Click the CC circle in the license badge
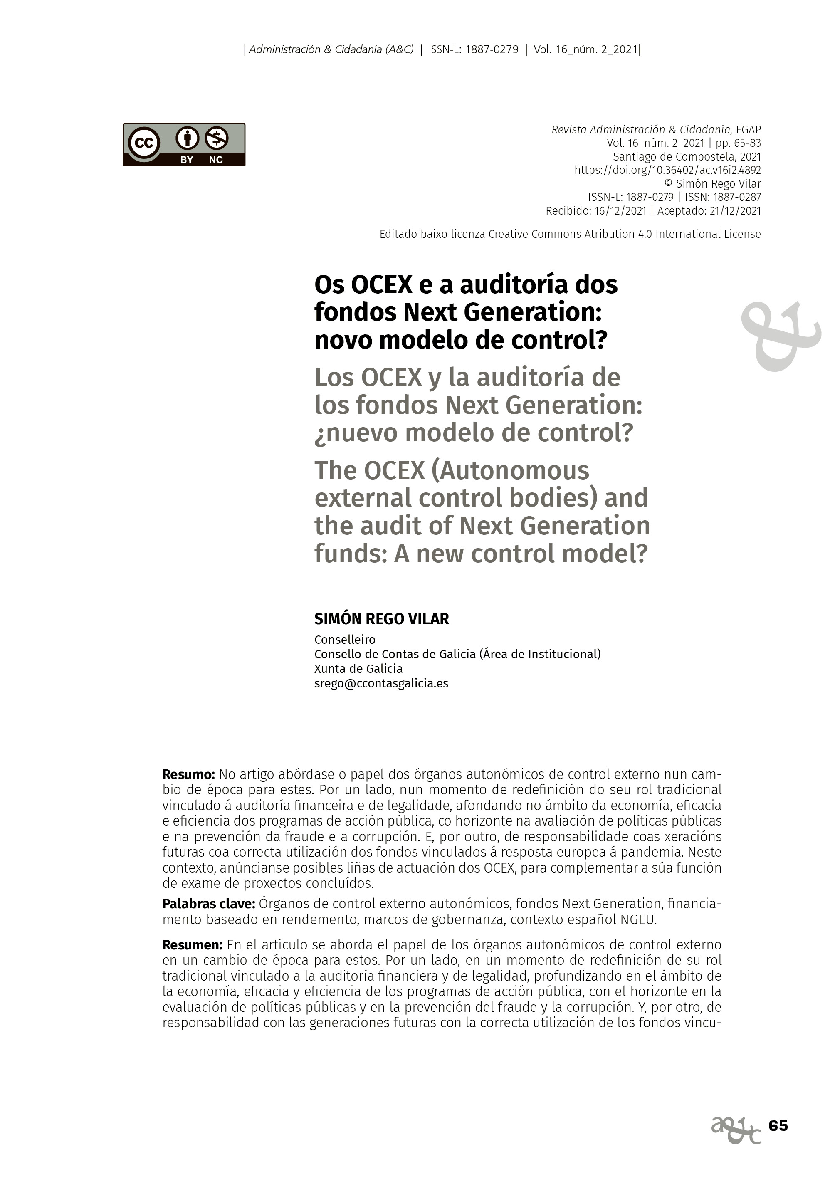click(144, 143)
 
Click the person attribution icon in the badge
click(187, 138)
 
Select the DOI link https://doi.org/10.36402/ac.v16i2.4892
click(667, 170)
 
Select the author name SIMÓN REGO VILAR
click(381, 619)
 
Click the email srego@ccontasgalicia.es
click(381, 683)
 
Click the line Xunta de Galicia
click(358, 669)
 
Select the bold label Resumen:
click(192, 944)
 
